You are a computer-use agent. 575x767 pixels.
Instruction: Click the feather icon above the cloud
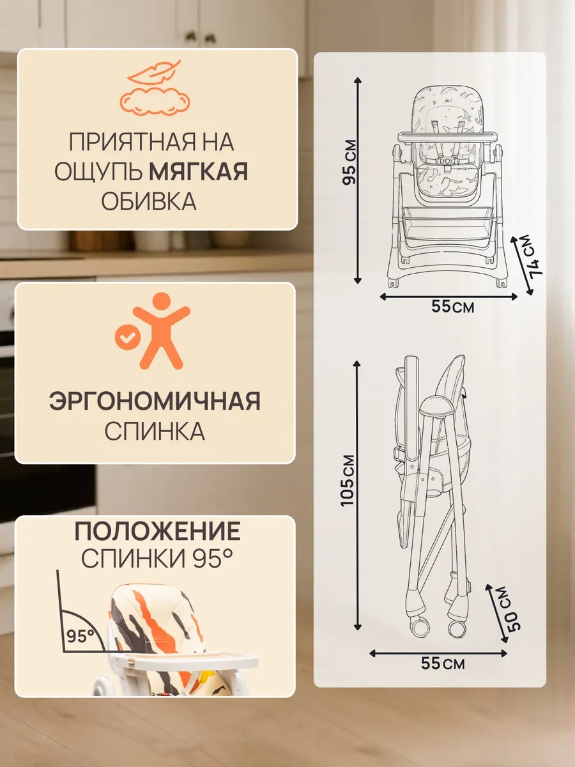pyautogui.click(x=155, y=72)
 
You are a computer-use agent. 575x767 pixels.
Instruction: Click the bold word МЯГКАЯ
pyautogui.click(x=198, y=171)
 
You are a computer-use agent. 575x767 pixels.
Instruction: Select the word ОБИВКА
pyautogui.click(x=149, y=201)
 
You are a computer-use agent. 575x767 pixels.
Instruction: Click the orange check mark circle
pyautogui.click(x=128, y=337)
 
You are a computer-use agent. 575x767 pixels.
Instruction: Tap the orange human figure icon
pyautogui.click(x=161, y=331)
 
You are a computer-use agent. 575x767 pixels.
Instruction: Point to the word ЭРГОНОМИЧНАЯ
pyautogui.click(x=155, y=401)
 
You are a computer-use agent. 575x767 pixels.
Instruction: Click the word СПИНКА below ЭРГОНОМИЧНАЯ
pyautogui.click(x=155, y=431)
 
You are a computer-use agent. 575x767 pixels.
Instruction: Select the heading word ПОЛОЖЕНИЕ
pyautogui.click(x=157, y=531)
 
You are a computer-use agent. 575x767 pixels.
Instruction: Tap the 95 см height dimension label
pyautogui.click(x=349, y=162)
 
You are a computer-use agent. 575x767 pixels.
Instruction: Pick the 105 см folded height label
pyautogui.click(x=348, y=481)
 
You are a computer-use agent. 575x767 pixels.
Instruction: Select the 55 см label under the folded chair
pyautogui.click(x=443, y=673)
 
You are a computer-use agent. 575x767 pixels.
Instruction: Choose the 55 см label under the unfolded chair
pyautogui.click(x=453, y=306)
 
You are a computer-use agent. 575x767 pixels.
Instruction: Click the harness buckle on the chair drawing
pyautogui.click(x=448, y=160)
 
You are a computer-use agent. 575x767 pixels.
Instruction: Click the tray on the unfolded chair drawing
pyautogui.click(x=448, y=136)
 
